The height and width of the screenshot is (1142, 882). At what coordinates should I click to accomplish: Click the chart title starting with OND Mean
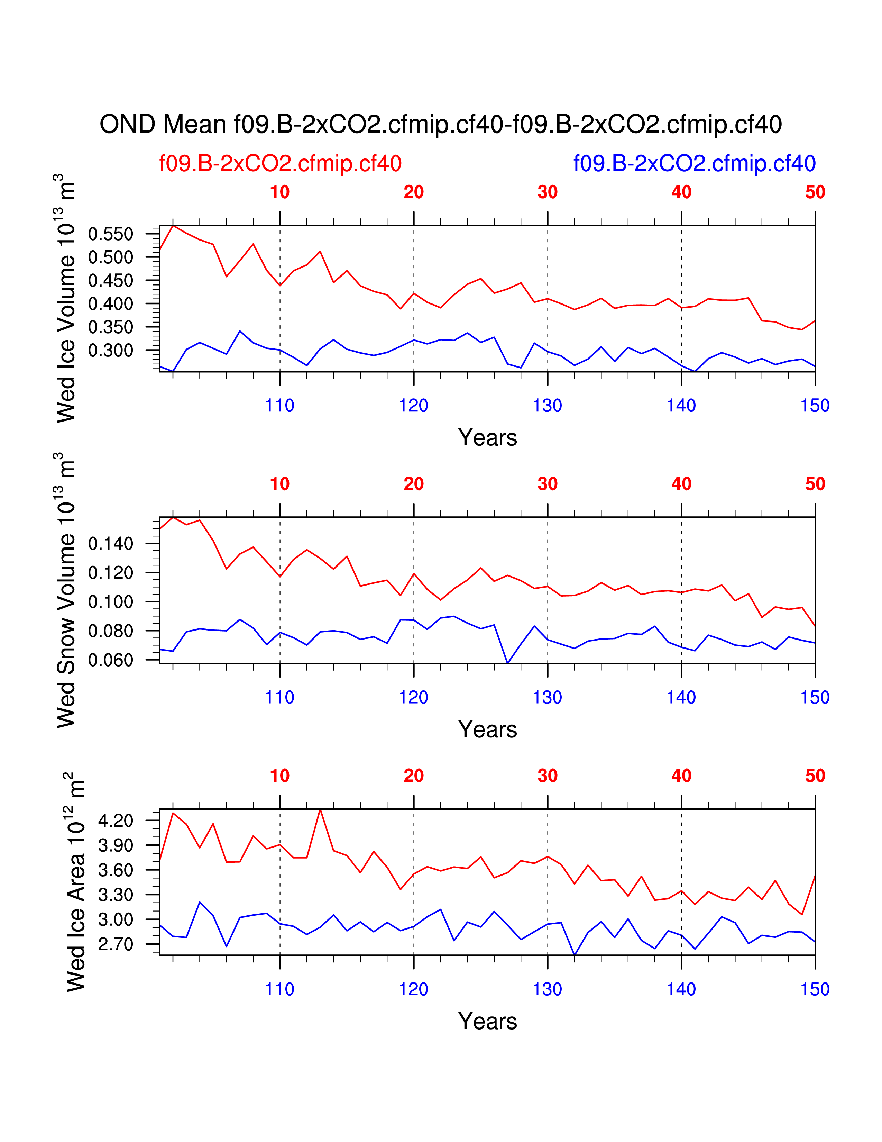coord(440,125)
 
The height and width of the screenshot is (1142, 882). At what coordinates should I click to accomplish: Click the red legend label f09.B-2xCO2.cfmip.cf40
coord(280,164)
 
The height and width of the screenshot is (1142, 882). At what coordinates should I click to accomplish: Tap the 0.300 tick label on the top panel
coord(111,350)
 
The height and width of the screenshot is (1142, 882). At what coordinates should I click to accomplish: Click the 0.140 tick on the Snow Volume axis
coord(111,544)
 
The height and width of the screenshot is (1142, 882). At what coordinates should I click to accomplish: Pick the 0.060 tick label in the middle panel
coord(111,660)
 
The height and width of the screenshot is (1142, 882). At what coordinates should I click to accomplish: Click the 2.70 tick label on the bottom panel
coord(116,944)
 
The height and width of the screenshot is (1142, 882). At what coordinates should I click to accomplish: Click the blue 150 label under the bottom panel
coord(815,989)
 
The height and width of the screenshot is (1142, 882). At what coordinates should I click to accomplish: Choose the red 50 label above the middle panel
coord(815,484)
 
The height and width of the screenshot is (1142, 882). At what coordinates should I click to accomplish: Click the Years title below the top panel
coord(487,438)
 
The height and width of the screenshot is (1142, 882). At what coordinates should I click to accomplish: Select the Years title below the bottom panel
coord(487,1021)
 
